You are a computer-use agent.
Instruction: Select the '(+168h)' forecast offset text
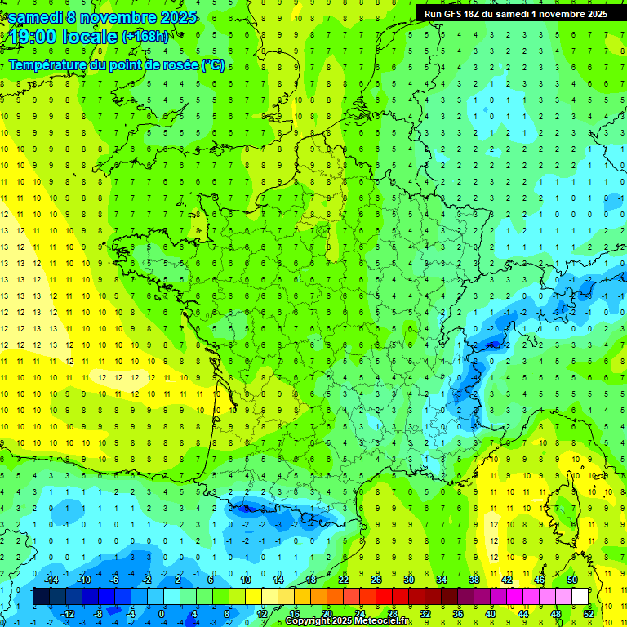(145, 35)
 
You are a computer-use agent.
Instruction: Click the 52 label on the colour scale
(588, 613)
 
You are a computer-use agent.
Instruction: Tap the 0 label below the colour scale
(161, 613)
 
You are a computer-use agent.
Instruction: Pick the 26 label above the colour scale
(376, 580)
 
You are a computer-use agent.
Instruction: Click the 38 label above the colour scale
(474, 580)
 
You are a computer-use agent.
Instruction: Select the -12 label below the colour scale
(69, 613)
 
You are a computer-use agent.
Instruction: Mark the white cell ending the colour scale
(580, 596)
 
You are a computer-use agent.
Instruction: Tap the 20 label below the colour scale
(327, 613)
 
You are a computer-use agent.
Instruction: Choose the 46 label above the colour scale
(539, 580)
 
